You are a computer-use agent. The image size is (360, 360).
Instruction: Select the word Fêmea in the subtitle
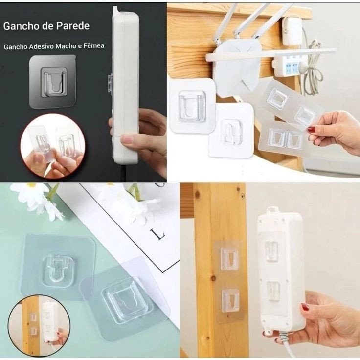tap(94, 46)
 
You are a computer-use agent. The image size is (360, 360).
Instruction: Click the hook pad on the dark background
tap(53, 82)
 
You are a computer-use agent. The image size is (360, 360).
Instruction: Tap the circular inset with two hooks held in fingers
tap(52, 146)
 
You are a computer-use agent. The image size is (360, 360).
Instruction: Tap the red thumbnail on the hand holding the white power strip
tap(305, 307)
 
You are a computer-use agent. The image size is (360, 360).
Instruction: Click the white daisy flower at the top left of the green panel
tap(34, 198)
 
